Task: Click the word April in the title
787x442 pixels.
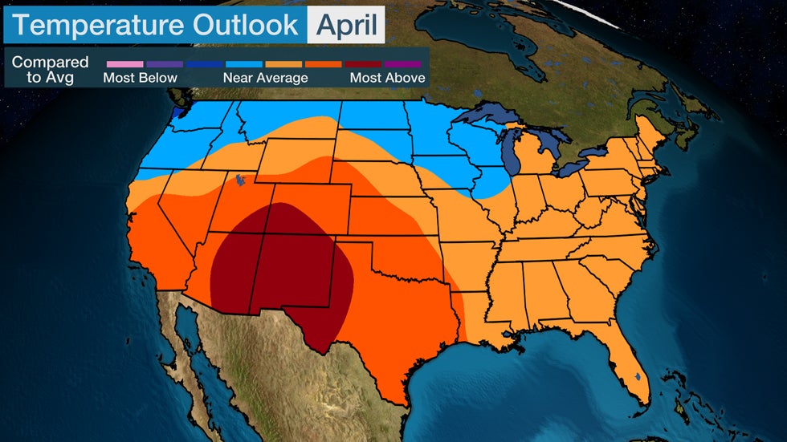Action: coord(346,24)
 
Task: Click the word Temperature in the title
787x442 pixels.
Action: coord(99,24)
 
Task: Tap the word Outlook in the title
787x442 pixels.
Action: coord(246,24)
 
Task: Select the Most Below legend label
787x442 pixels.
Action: coord(140,78)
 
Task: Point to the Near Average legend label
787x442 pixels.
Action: coord(265,78)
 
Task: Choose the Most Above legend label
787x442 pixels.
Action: coord(387,78)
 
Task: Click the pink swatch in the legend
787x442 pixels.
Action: coord(124,63)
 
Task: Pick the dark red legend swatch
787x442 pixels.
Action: coord(362,63)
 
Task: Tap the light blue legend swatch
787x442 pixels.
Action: coord(243,63)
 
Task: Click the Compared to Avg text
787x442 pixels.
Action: coord(50,70)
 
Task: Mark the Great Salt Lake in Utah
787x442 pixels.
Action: coord(239,182)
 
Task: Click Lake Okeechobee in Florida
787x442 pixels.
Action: coord(637,375)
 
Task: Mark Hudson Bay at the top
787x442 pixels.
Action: coord(482,32)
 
